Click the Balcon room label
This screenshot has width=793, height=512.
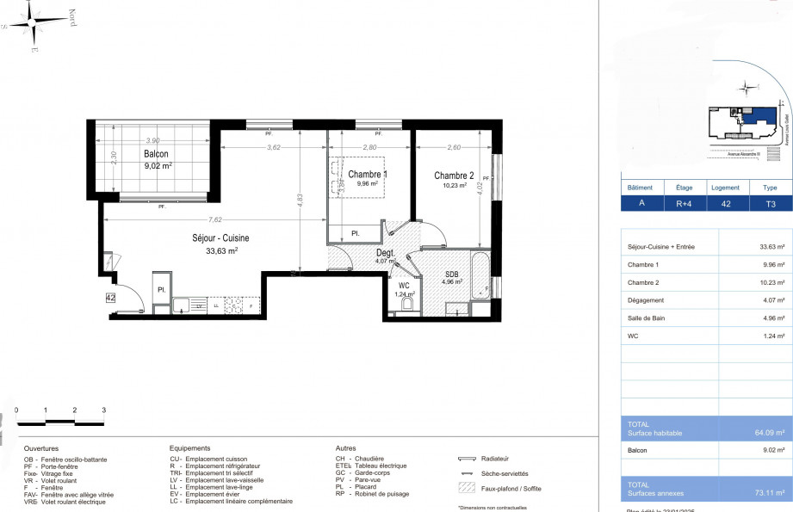[156, 155]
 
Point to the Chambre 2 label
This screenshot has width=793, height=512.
[455, 175]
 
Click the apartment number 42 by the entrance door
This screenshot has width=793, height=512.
[110, 298]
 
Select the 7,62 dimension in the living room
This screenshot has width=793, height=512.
[189, 219]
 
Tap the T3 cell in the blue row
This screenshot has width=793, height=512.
[758, 204]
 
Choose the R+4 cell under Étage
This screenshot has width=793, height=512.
[684, 204]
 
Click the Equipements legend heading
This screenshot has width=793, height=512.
[190, 448]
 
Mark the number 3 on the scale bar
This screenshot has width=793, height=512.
[103, 410]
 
